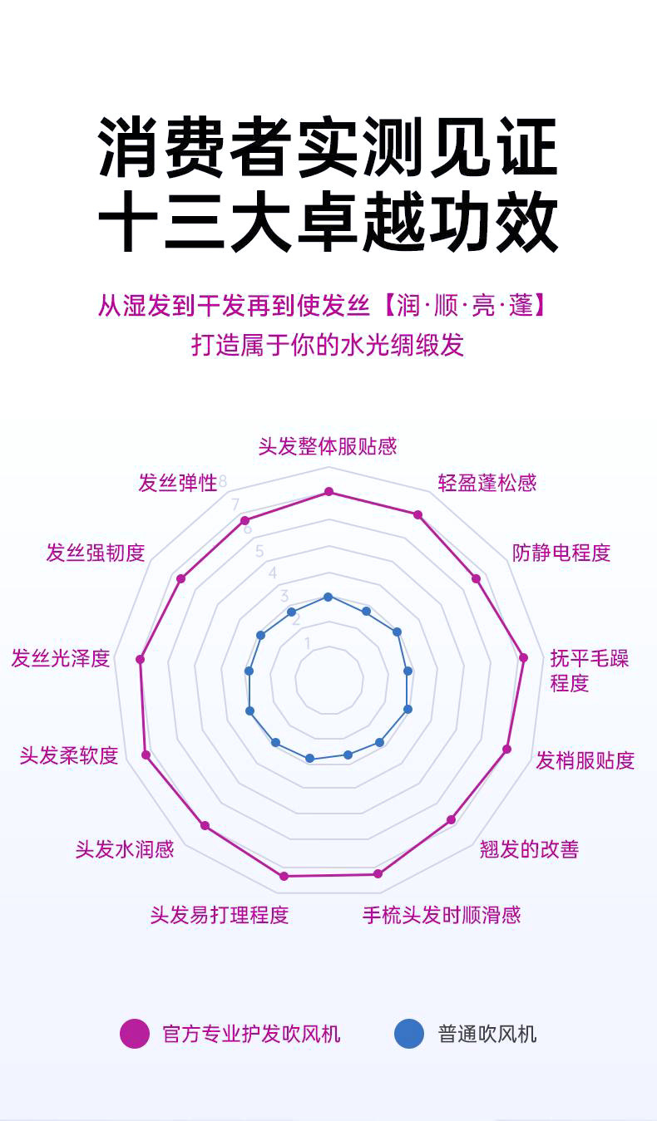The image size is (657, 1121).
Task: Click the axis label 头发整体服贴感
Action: pos(328,446)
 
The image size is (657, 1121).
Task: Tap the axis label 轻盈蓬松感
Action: pos(487,483)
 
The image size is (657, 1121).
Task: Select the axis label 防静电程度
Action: pos(561,553)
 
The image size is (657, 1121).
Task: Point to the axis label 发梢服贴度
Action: pos(585,760)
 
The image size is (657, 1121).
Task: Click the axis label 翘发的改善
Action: pos(529,849)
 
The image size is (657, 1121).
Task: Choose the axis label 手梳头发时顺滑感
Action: pos(442,915)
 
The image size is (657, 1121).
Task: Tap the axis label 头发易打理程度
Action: pos(220,915)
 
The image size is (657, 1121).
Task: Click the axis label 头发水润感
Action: pos(125,849)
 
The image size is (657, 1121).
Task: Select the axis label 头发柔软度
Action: pos(69,755)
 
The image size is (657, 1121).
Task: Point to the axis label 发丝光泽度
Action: pos(61,659)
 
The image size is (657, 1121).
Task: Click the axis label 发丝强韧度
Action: pos(96,553)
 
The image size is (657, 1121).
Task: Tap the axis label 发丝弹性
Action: pos(177,483)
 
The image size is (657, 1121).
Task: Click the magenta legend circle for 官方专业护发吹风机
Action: pos(135,1034)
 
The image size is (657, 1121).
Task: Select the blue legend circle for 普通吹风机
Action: pos(409,1034)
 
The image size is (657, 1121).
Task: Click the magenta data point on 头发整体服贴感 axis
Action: pos(328,492)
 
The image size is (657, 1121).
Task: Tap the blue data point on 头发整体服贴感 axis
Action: pos(328,597)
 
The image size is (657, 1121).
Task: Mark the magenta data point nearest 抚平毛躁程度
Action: pos(523,657)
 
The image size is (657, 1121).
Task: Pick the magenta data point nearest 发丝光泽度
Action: pos(141,659)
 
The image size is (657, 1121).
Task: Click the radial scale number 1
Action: pos(307,642)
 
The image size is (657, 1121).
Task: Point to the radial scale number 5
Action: pos(259,551)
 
